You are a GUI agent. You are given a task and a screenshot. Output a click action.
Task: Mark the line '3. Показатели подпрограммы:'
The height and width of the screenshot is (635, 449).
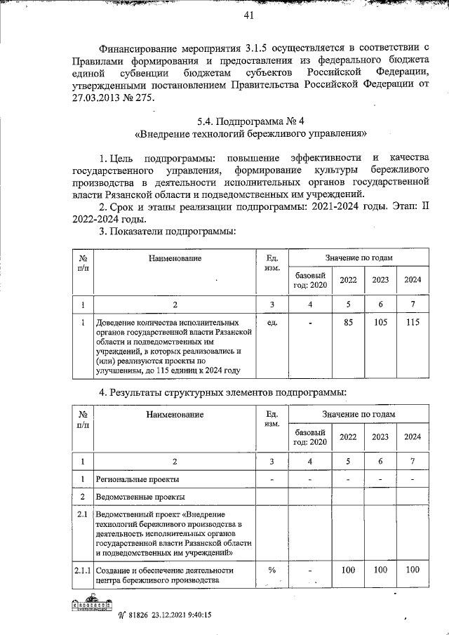(167, 232)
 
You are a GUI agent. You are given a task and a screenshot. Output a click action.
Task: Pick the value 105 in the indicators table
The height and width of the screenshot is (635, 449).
(380, 323)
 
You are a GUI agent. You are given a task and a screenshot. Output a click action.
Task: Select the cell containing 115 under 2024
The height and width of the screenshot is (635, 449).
(413, 323)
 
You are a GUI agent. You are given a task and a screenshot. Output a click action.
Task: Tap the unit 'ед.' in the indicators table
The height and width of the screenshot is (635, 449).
(274, 323)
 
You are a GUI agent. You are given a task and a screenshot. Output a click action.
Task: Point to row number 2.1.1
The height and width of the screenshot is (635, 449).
(82, 570)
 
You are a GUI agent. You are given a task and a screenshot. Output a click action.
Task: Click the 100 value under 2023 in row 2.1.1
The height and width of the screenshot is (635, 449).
(380, 570)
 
